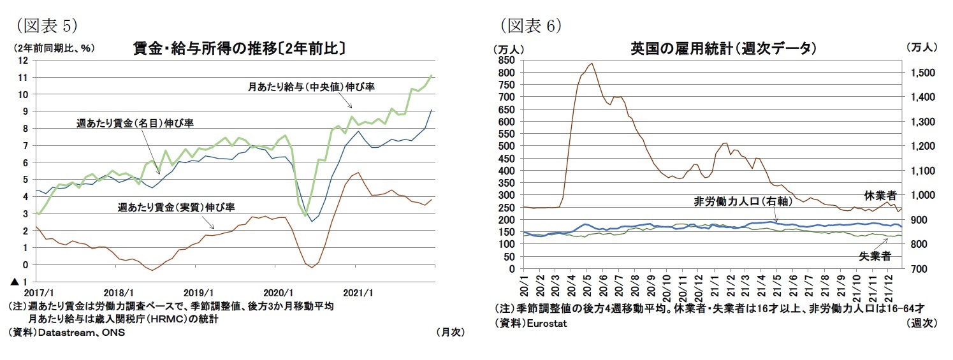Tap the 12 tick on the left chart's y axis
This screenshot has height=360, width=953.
24,61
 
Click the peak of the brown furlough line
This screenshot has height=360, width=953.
592,63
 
